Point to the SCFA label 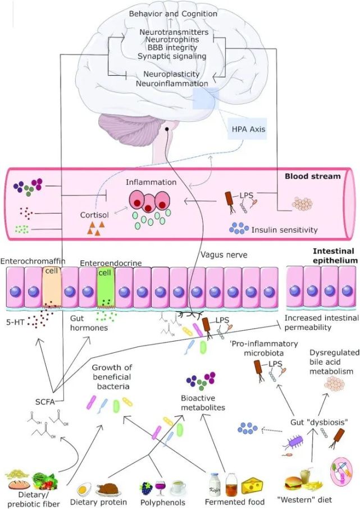(39, 401)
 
